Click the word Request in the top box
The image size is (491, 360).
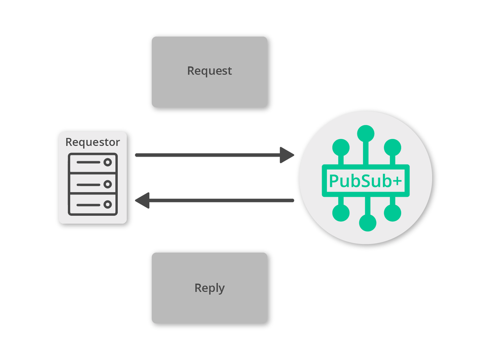click(x=209, y=71)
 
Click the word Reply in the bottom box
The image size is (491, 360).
click(x=209, y=288)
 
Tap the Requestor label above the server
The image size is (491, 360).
click(x=93, y=142)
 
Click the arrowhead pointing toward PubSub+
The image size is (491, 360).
click(x=287, y=155)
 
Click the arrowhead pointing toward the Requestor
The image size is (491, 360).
click(x=143, y=200)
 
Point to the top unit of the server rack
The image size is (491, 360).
click(x=93, y=163)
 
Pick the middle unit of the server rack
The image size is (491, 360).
click(x=93, y=184)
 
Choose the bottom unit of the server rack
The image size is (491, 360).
click(x=93, y=204)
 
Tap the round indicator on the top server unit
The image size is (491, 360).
click(x=107, y=163)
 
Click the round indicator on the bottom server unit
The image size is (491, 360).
click(x=107, y=204)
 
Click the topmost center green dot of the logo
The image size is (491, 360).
click(x=366, y=133)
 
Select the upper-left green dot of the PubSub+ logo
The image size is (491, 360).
click(x=340, y=147)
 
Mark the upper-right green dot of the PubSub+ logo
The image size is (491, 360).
click(x=392, y=147)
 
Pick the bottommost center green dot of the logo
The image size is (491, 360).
click(x=367, y=223)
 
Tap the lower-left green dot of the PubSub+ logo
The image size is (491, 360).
click(x=341, y=213)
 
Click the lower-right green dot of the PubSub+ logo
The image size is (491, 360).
click(x=392, y=213)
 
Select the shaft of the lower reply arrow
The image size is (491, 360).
click(x=218, y=200)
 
